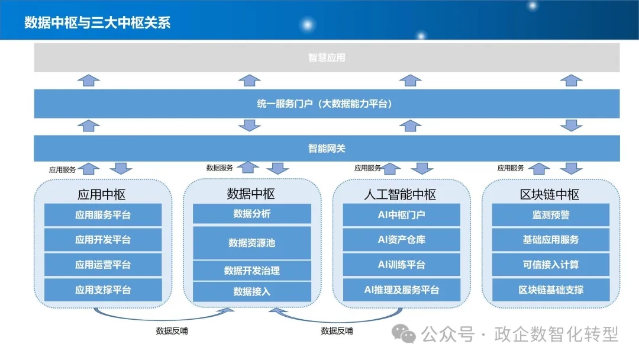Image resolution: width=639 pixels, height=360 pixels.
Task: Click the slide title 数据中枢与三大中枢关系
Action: tap(97, 22)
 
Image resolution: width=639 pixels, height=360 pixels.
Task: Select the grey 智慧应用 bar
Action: tap(327, 57)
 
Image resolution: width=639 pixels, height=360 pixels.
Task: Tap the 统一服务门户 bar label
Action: tap(324, 104)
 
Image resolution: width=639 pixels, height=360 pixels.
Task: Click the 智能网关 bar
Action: tap(327, 149)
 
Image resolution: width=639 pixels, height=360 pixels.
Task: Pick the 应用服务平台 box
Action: tap(103, 215)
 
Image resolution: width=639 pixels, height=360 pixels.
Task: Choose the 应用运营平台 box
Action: tap(103, 265)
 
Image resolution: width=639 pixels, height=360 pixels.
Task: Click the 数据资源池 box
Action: tap(252, 243)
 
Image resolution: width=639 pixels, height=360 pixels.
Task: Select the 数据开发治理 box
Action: tap(252, 271)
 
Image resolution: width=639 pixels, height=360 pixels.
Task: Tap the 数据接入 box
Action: tap(252, 291)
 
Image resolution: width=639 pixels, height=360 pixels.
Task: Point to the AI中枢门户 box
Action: tap(401, 215)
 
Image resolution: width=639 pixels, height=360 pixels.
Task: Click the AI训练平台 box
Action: tap(401, 265)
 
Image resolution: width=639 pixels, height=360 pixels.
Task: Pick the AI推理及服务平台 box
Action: tap(401, 290)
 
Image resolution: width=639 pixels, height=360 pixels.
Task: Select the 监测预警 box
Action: tap(551, 215)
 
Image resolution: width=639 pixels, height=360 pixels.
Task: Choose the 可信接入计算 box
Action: tap(551, 265)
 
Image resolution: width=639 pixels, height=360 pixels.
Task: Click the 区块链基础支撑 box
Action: tap(551, 290)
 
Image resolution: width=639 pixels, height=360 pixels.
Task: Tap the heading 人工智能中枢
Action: tap(400, 194)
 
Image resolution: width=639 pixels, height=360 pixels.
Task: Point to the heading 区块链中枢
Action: tap(549, 194)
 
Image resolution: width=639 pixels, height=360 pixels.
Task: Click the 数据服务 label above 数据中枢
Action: tap(220, 168)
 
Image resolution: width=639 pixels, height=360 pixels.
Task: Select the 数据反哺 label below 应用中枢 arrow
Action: tap(172, 331)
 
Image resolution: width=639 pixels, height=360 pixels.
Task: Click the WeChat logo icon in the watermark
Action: tap(404, 334)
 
